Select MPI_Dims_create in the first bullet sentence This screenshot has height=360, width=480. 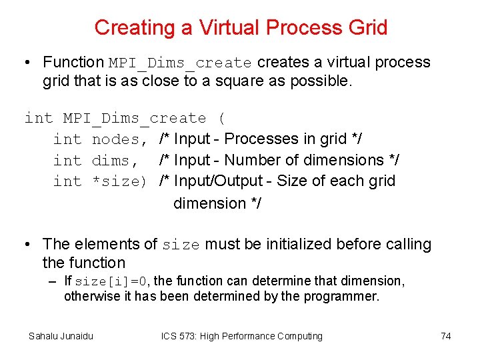(x=180, y=63)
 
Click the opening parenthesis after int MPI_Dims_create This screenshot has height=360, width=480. (x=221, y=119)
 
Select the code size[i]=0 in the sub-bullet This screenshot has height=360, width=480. (x=113, y=281)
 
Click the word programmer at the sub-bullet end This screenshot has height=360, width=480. (x=346, y=297)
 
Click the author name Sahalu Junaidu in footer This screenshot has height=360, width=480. (x=61, y=336)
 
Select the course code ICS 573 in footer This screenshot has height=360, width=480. (x=181, y=336)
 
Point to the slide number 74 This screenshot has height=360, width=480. (x=446, y=336)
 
